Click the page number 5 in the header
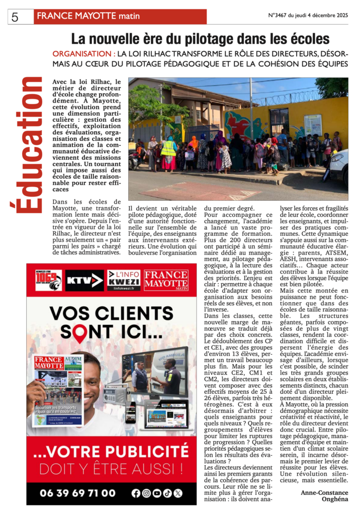[x=15, y=17]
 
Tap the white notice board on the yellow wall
[x=313, y=125]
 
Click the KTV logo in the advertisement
[x=84, y=280]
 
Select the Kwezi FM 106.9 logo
[x=48, y=280]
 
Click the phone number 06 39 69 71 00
[x=77, y=493]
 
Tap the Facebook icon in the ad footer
[x=136, y=493]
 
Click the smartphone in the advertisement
[x=132, y=412]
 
